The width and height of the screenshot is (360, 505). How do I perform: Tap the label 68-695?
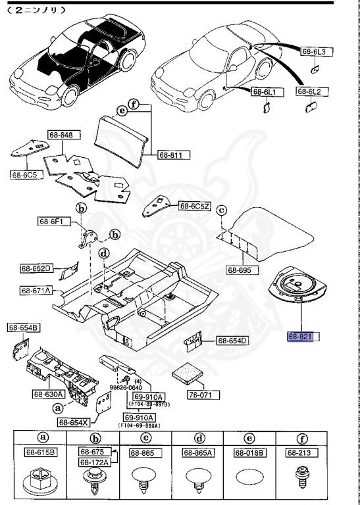coord(241,270)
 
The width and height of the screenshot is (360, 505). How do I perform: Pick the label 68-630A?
coord(47,395)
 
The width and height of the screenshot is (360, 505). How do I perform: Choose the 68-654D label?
coord(233,340)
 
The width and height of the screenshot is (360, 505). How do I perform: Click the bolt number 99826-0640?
coord(141,388)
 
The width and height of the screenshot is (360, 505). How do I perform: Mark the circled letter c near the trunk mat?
coord(222,210)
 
